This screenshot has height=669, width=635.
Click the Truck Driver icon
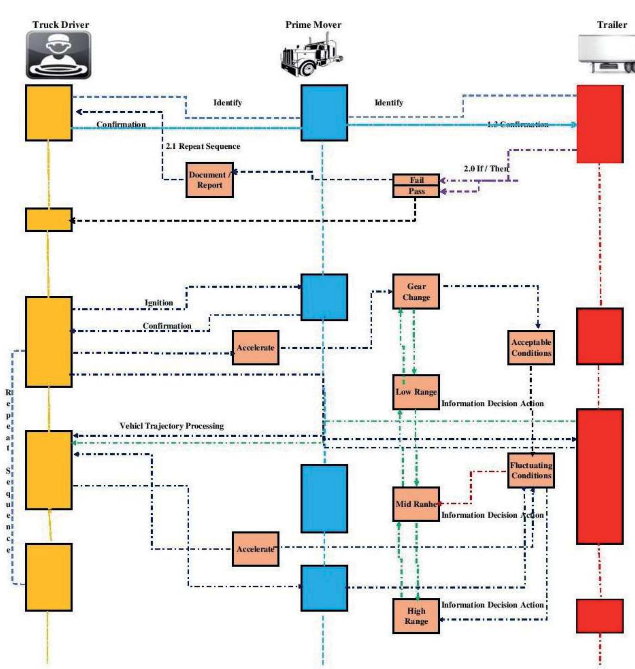click(59, 55)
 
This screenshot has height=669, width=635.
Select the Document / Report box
click(209, 180)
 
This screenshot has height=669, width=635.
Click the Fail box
click(416, 180)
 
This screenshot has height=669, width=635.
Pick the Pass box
click(416, 191)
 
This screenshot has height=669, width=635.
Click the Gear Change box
click(416, 292)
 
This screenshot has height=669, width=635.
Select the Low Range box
click(416, 392)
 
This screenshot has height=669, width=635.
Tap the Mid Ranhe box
click(416, 504)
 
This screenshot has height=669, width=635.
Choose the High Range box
click(416, 616)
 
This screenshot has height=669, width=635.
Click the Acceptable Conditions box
click(531, 348)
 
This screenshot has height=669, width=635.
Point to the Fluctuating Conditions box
click(531, 471)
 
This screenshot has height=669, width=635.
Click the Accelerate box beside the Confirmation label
click(255, 348)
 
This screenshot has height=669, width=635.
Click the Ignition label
click(159, 303)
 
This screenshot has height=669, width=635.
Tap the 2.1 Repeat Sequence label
click(203, 146)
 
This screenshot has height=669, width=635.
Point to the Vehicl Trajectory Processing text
click(171, 426)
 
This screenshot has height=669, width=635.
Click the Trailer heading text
click(612, 25)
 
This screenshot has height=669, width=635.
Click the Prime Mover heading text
click(313, 25)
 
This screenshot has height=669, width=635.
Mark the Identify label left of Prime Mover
click(228, 102)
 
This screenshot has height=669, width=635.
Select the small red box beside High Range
click(599, 616)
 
